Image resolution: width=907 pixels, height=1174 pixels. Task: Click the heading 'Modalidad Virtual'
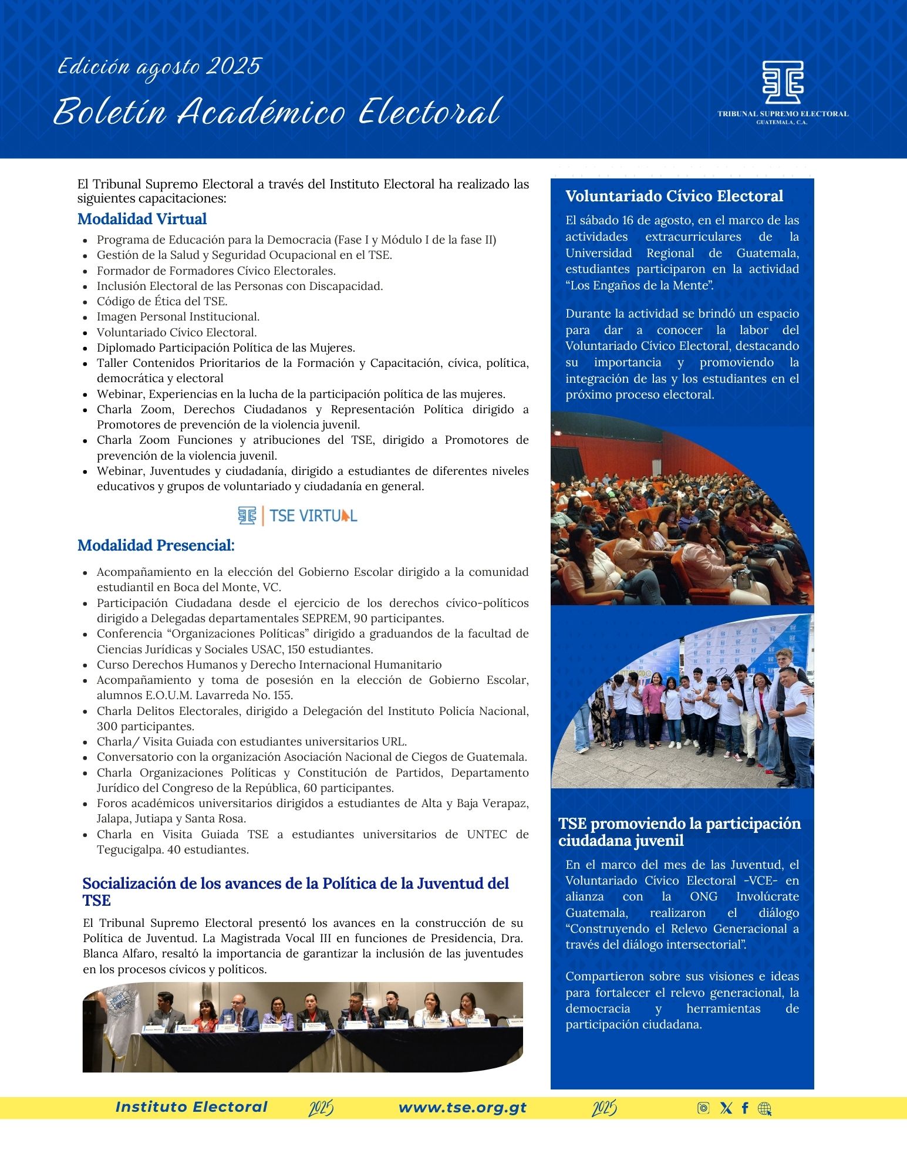(x=142, y=219)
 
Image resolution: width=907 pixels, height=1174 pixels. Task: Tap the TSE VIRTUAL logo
(x=298, y=515)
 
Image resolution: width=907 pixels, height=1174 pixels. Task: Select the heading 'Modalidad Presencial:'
(x=156, y=545)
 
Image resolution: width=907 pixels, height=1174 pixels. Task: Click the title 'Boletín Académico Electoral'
(x=277, y=112)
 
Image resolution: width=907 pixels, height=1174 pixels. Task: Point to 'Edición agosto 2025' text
(x=159, y=67)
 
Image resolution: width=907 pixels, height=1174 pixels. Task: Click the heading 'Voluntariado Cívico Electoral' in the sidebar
(x=674, y=196)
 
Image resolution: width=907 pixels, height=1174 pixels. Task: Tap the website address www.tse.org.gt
(x=463, y=1108)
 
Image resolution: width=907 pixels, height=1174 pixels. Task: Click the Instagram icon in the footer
(x=703, y=1108)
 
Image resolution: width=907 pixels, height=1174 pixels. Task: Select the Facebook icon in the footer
(x=745, y=1108)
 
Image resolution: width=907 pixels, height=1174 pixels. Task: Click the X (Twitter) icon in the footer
(x=726, y=1108)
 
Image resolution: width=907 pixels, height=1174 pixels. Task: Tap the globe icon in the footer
(x=764, y=1108)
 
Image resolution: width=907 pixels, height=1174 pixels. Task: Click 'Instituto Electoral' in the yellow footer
(x=191, y=1107)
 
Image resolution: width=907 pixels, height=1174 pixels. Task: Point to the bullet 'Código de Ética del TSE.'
(x=162, y=301)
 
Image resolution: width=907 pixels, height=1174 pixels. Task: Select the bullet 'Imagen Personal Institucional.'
(x=178, y=317)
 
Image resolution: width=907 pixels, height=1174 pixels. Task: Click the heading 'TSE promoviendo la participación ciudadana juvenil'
(x=679, y=832)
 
